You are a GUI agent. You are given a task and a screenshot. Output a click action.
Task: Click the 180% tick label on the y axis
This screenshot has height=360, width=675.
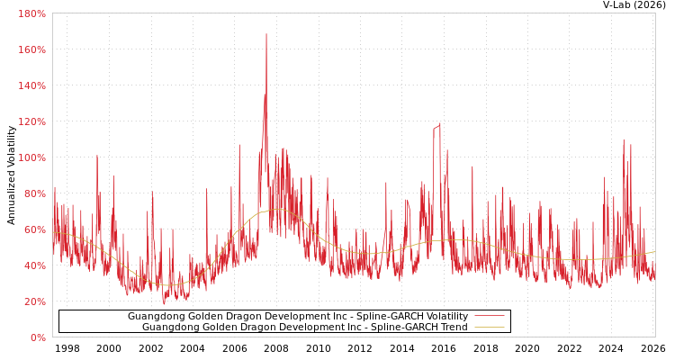click(x=31, y=13)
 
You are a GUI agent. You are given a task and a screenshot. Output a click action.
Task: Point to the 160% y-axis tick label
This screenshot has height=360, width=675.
click(x=31, y=49)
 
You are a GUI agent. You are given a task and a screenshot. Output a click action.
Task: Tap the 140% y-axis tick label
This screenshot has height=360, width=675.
click(x=31, y=85)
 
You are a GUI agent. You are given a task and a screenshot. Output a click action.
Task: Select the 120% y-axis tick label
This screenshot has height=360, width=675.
click(x=31, y=121)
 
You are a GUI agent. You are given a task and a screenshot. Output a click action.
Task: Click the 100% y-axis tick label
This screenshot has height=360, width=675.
click(x=31, y=157)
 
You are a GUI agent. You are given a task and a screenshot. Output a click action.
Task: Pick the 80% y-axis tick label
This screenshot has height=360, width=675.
click(x=34, y=193)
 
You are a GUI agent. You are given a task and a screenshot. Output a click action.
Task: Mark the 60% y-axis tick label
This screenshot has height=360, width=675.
click(x=34, y=229)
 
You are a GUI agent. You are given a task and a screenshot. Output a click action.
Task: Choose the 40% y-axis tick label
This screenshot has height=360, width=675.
click(x=34, y=265)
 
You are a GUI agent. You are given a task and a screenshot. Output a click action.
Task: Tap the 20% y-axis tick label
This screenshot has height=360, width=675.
click(x=34, y=301)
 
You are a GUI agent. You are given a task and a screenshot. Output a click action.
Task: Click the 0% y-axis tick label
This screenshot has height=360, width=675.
click(x=38, y=337)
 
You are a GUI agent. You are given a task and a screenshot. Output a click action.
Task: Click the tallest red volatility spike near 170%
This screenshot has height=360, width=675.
click(x=266, y=36)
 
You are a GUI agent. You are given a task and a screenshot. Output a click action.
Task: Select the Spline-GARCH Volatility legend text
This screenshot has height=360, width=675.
click(x=297, y=317)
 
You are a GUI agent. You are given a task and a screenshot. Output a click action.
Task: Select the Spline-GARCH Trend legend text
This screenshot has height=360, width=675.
click(x=304, y=328)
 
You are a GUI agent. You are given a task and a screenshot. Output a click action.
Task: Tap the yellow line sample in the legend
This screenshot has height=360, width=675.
click(x=489, y=328)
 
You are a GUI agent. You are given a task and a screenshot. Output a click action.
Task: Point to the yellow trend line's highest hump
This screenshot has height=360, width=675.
click(x=277, y=210)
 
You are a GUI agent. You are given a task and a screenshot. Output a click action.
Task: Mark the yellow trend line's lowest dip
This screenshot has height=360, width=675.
click(x=171, y=285)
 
